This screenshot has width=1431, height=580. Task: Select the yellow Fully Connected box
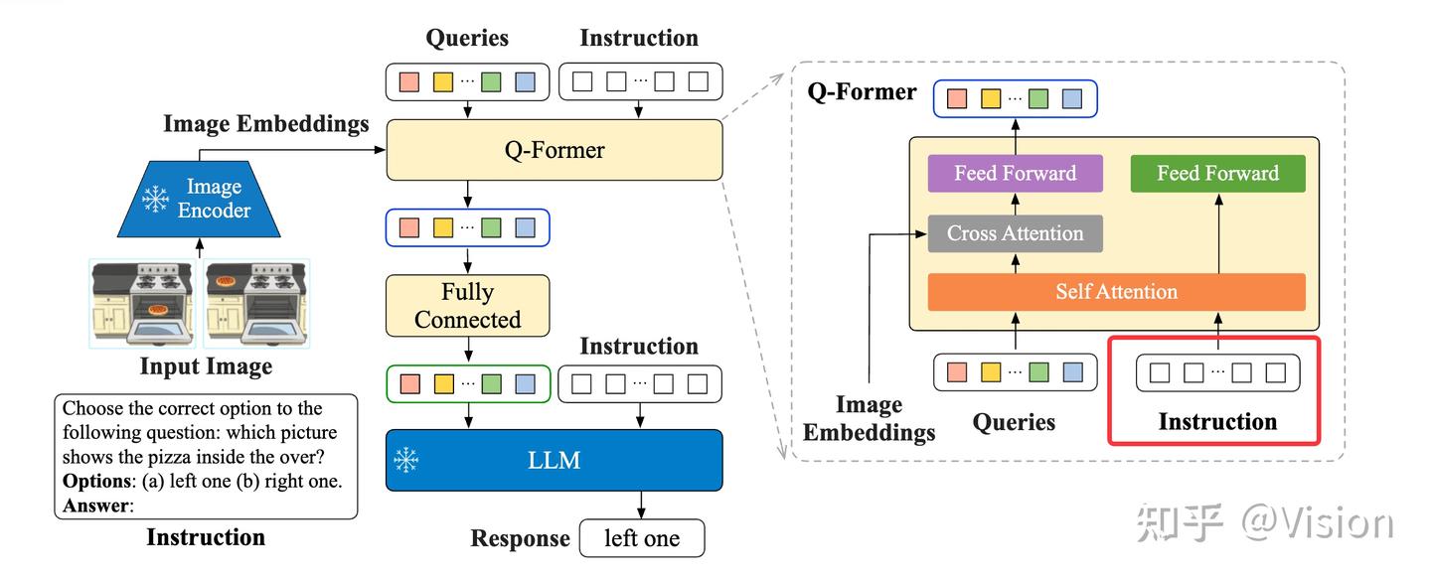click(467, 306)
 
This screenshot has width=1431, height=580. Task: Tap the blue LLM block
click(554, 460)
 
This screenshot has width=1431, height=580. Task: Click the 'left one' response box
click(642, 538)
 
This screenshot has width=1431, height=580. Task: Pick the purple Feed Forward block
click(1015, 173)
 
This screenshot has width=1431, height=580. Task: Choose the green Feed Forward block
click(1217, 173)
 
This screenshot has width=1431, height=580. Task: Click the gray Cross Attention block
click(1015, 233)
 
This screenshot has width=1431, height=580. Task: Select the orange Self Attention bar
click(1116, 292)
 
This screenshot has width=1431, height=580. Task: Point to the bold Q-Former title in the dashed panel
click(862, 92)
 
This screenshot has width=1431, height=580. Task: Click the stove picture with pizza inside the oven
click(143, 303)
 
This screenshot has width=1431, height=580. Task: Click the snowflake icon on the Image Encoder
click(156, 199)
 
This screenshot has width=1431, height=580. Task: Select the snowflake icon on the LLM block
click(407, 460)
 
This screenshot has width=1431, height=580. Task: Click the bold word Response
click(520, 538)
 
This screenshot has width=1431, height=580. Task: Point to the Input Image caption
click(205, 366)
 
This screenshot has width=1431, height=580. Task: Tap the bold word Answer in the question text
click(93, 506)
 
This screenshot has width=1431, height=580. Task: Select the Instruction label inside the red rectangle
click(1217, 422)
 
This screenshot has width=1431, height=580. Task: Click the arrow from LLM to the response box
click(642, 505)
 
